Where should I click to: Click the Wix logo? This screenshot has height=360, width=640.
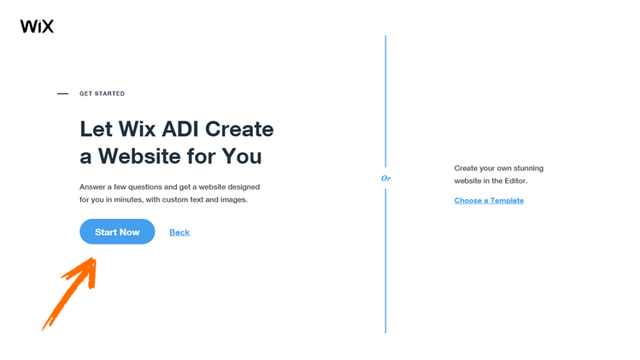[37, 27]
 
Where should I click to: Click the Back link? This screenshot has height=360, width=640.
[180, 232]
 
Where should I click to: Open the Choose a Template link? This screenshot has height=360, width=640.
[488, 200]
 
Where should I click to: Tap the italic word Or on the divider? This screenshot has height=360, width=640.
[386, 177]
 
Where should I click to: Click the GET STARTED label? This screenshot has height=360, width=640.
[102, 93]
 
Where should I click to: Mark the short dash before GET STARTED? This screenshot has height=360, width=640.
[62, 93]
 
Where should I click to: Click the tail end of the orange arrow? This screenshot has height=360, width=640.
[45, 327]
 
